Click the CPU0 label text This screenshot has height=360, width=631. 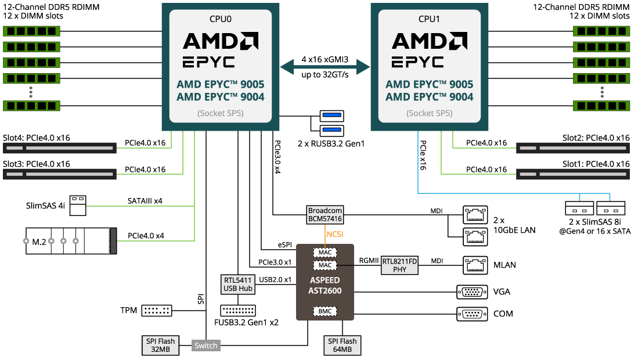(x=220, y=19)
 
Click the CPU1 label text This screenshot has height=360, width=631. (x=429, y=19)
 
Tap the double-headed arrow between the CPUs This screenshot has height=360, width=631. (x=324, y=67)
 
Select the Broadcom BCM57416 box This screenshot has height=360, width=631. (x=324, y=215)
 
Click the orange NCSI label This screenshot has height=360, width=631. (x=335, y=235)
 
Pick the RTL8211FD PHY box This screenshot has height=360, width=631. (x=399, y=265)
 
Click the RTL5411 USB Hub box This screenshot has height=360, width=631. (x=238, y=284)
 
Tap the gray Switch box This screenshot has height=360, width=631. (x=205, y=346)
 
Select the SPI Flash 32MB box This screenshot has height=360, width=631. (x=160, y=345)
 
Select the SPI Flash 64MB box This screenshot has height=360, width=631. (x=342, y=345)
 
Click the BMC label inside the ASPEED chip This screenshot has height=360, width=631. (x=325, y=312)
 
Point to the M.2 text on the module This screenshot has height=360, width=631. (x=39, y=242)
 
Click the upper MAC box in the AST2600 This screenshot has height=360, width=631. (x=325, y=253)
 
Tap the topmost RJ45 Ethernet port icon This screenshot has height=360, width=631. (x=475, y=215)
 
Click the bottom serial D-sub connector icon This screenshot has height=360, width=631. (x=472, y=314)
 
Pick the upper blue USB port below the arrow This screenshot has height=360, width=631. (x=331, y=116)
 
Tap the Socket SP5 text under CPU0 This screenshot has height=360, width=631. (x=220, y=113)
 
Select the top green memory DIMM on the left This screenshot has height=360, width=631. (x=31, y=31)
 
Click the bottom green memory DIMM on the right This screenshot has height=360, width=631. (x=601, y=105)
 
